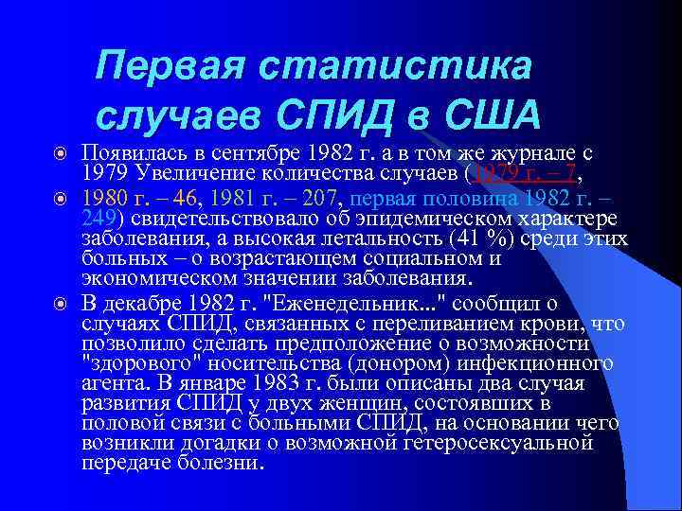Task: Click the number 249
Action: point(97,217)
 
